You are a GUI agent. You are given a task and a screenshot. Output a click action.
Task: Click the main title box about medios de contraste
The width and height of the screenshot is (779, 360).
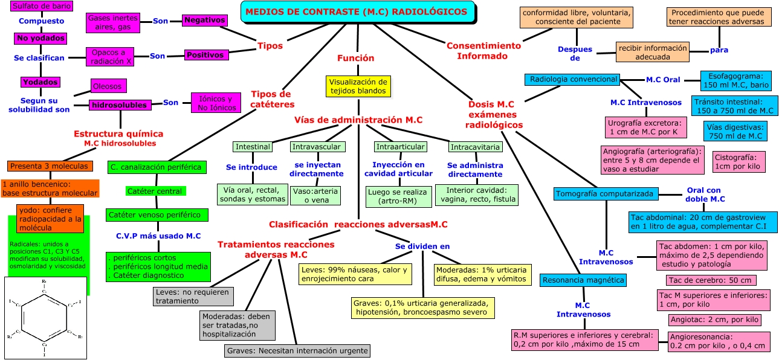pos(357,12)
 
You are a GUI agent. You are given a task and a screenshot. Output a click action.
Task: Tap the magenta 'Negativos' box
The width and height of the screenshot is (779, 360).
pos(205,21)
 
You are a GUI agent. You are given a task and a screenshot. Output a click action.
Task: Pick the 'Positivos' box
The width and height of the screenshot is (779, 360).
pos(205,55)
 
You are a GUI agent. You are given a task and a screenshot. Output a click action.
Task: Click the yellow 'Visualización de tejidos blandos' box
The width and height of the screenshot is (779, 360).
pos(358,86)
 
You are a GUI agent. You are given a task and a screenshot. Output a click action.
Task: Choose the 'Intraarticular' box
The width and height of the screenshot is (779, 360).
pos(400,147)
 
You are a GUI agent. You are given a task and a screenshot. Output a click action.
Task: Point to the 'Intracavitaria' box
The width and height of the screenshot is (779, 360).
pos(475,147)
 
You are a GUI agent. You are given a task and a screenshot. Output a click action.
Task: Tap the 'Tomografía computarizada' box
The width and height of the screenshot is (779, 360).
pos(605,194)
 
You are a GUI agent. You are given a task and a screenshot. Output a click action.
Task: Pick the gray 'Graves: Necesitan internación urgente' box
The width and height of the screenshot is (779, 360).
pos(296,350)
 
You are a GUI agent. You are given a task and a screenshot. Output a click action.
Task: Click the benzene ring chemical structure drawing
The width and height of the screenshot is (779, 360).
pos(46,317)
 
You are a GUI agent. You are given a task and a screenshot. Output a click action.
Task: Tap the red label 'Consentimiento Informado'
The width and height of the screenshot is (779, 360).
pos(483,51)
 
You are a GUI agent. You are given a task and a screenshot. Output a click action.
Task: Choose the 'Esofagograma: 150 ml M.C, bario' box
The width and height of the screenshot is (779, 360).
pos(735,81)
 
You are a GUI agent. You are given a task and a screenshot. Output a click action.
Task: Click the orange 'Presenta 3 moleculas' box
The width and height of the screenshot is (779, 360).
pos(50,166)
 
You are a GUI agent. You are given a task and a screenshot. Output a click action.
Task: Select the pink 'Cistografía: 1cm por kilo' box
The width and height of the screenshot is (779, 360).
pos(739,161)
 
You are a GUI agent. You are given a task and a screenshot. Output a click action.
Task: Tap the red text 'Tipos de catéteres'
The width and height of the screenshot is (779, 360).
pos(271,99)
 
